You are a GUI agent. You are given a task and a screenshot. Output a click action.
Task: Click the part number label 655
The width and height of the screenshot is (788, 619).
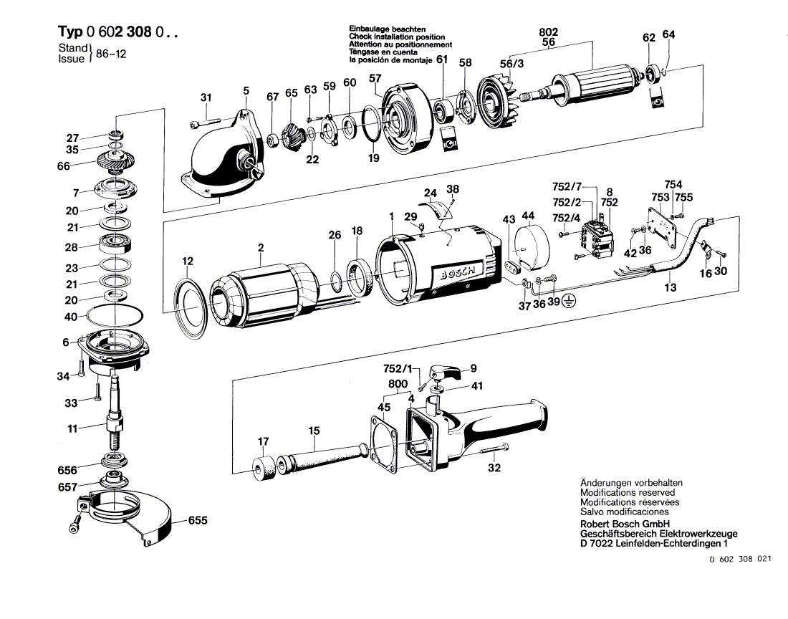(x=198, y=521)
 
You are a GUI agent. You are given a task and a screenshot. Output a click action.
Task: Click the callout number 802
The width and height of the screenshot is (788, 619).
(x=548, y=32)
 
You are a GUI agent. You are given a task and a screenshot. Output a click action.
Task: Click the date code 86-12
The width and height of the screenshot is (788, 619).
(x=111, y=54)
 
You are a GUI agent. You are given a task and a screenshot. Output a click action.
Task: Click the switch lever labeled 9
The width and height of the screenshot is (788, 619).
(x=446, y=370)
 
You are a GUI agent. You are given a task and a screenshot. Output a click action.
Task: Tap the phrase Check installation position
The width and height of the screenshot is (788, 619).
(x=397, y=37)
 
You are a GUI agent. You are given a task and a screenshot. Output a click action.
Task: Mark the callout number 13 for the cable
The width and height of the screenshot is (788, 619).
(x=671, y=287)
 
